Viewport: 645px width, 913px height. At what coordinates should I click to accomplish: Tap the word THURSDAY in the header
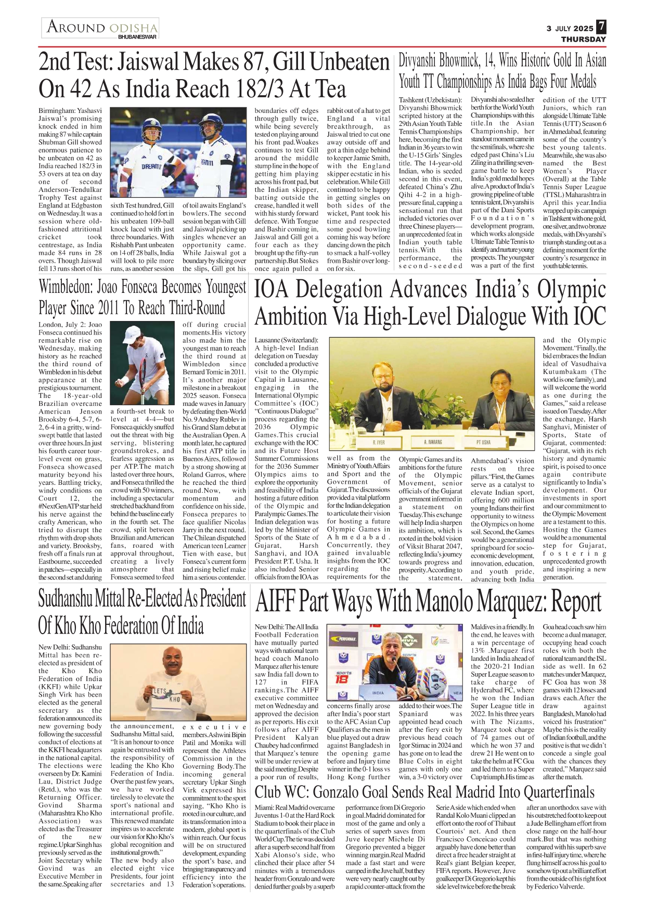pos(583,39)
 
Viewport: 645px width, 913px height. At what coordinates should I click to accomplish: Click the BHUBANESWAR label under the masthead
pos(137,37)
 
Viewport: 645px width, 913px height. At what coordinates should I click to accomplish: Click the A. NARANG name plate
pos(433,442)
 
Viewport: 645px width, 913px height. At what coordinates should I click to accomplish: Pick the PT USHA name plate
pos(483,442)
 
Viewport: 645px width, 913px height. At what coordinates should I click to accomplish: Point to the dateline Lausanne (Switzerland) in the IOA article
pos(286,340)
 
